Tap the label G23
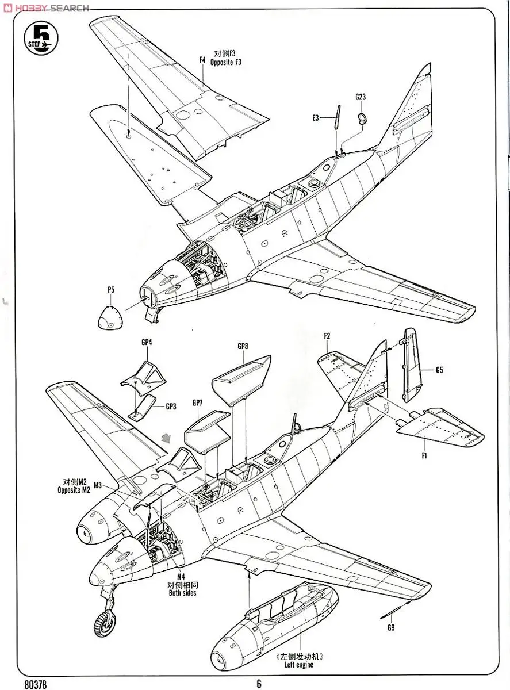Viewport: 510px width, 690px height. (361, 97)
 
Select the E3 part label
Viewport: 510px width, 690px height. (316, 118)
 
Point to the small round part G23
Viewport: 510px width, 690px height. (362, 118)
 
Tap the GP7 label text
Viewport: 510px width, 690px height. (197, 402)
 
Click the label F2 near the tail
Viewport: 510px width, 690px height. (327, 336)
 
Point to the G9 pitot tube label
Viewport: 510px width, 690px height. (391, 627)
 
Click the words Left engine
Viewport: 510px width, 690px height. (299, 665)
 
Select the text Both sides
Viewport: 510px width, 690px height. (182, 593)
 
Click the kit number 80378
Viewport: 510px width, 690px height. (36, 684)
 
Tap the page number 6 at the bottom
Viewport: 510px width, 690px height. (259, 684)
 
